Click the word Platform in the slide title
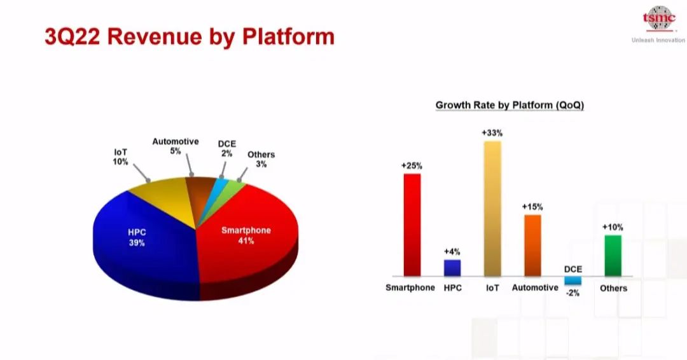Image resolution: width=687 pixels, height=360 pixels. pos(288,37)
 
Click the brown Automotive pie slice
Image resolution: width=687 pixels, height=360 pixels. pos(200,193)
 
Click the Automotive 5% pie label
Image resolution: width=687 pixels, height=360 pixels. pos(176,146)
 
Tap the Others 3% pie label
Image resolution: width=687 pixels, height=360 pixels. pos(261,160)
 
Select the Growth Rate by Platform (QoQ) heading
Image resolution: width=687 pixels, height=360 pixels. pos(510,105)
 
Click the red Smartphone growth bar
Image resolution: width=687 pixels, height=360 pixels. pos(412,225)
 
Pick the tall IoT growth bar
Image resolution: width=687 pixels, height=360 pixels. pos(492,209)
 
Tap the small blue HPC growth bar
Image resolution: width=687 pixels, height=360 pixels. pos(452,268)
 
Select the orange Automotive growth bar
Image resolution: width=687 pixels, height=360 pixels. pos(533,246)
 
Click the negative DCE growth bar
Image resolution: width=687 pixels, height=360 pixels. pos(572,280)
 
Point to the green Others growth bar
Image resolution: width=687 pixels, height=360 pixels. pos(613,256)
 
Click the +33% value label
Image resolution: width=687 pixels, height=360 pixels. pos(492,133)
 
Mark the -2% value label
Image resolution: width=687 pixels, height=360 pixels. pos(572,293)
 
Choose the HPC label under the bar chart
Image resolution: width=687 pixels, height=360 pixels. pos(453,287)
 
